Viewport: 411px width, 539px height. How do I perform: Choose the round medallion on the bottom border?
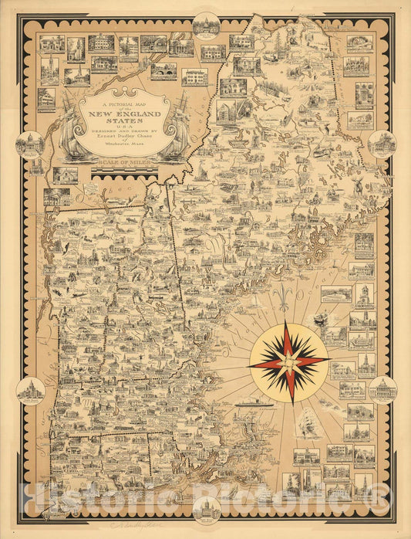point(205,510)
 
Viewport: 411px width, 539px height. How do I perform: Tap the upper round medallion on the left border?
point(32,144)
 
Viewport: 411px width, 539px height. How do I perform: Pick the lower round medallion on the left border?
point(31,391)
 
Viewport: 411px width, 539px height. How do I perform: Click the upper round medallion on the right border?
point(381,144)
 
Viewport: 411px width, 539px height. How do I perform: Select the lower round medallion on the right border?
point(382,390)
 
